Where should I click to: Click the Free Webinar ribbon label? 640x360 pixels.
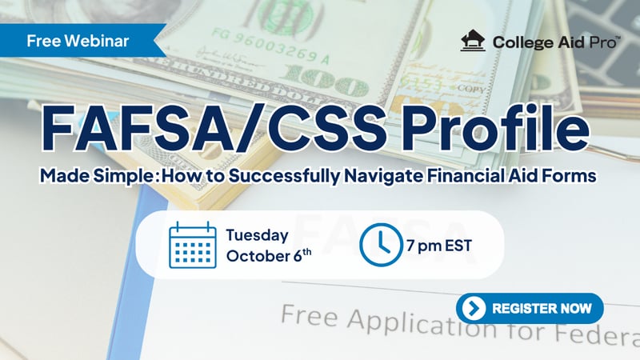78,41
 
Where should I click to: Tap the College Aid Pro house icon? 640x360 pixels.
473,41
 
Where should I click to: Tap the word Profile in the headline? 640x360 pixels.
495,127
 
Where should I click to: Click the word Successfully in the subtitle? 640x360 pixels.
284,176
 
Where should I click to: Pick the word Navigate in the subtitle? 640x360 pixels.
383,176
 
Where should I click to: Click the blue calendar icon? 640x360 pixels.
193,245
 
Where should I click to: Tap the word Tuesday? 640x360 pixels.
258,236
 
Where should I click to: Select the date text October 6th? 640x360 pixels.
269,256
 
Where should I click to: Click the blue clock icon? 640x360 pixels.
381,245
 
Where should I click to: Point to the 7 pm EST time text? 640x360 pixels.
439,246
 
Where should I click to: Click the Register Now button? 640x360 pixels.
530,308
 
